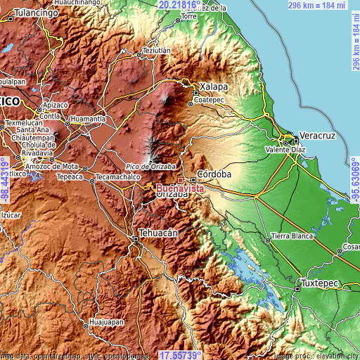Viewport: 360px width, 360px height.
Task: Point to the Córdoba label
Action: pos(210,173)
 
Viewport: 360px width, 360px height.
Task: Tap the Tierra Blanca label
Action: pos(291,236)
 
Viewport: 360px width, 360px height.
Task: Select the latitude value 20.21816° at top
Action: pos(179,5)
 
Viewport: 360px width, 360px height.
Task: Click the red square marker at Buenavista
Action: pos(180,180)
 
